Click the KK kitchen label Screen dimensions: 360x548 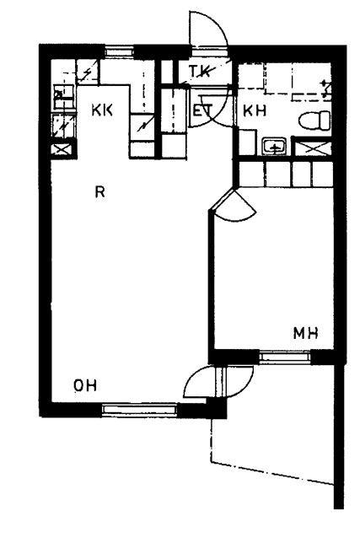click(x=102, y=110)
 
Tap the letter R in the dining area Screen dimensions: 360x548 click(x=100, y=191)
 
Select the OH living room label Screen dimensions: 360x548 click(x=85, y=385)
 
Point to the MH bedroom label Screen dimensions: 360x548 click(x=306, y=333)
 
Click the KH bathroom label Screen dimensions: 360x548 click(x=255, y=110)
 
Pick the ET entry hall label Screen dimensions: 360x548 click(x=202, y=110)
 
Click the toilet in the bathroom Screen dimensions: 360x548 click(x=314, y=120)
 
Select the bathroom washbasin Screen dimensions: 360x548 click(x=275, y=147)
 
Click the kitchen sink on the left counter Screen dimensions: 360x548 click(x=63, y=97)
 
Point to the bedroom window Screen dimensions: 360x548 click(x=285, y=357)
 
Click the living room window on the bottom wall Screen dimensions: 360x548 click(x=139, y=409)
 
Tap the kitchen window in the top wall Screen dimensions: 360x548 click(x=120, y=52)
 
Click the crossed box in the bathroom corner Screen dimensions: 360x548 click(x=312, y=148)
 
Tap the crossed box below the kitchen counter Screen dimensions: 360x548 click(x=63, y=149)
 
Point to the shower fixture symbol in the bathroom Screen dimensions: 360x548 click(x=327, y=88)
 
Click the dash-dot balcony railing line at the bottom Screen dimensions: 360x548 click(x=272, y=474)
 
